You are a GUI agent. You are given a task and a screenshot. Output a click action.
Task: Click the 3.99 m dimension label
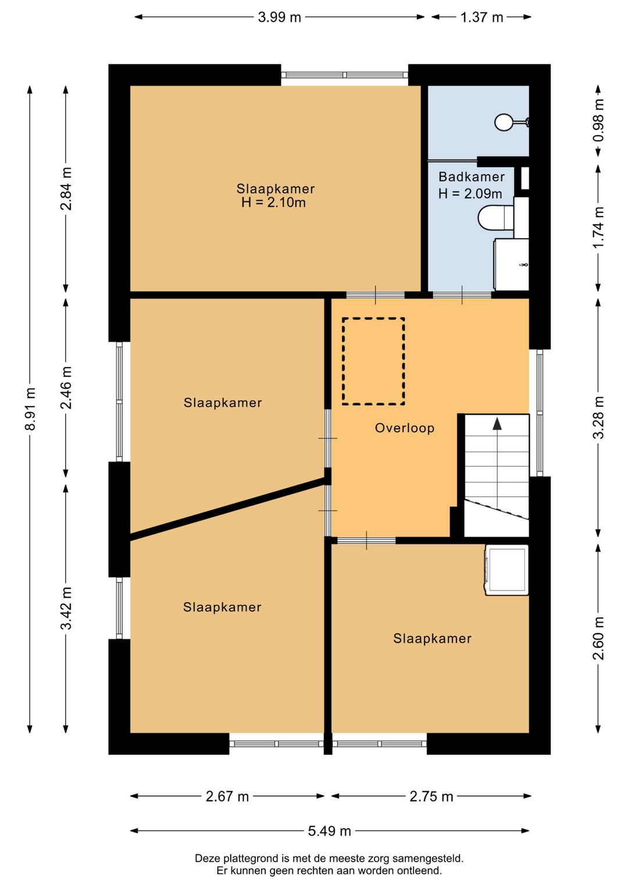279,17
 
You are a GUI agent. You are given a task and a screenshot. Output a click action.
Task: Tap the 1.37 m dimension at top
481,17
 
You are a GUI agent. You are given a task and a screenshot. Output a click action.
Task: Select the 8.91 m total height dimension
30,409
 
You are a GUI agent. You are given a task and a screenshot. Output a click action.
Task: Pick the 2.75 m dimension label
431,797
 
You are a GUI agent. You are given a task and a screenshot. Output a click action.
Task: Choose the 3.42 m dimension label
66,608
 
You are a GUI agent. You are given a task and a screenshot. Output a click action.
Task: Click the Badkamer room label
472,177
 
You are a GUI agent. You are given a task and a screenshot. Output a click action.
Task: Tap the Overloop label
405,428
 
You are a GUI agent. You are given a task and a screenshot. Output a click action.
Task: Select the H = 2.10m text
274,203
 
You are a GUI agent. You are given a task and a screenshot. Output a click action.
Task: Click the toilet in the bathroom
496,217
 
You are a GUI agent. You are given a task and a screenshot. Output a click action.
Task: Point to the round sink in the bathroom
504,122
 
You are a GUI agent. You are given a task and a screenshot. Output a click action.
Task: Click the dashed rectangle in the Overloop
374,318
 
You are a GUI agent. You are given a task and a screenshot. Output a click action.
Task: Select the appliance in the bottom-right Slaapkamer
506,570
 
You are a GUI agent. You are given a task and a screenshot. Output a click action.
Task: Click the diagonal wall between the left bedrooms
228,508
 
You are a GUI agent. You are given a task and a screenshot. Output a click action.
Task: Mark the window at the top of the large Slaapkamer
345,75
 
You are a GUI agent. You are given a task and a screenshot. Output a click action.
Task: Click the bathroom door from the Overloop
462,295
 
